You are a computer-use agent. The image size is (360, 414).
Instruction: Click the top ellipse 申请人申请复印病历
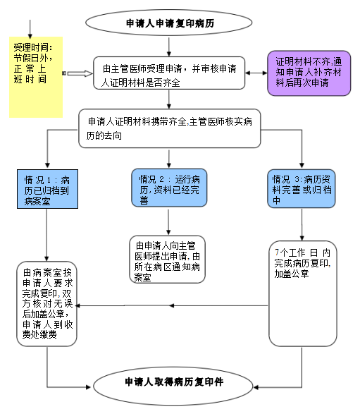point(169,23)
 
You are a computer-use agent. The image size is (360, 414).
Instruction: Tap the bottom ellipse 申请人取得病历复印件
point(173,386)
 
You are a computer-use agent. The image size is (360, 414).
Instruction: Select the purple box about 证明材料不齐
point(309,73)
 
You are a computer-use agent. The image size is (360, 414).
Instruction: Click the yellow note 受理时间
point(36,77)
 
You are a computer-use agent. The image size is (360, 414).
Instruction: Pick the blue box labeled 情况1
point(47,189)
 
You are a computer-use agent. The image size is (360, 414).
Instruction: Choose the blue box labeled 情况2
point(169,188)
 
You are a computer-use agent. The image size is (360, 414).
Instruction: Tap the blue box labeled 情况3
point(302,188)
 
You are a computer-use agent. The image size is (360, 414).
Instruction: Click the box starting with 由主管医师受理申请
point(169,73)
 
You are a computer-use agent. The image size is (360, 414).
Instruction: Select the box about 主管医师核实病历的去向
point(170,128)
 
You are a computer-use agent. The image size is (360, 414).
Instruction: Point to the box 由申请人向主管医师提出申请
point(167,260)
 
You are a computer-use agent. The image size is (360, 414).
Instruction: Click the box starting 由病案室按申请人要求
point(46,304)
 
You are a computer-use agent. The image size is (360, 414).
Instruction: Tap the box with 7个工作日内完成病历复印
point(303,293)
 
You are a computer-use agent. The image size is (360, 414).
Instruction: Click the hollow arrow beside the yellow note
point(77,73)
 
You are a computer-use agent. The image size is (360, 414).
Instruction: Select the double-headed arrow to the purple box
point(256,73)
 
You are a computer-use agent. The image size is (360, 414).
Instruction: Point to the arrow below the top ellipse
point(169,47)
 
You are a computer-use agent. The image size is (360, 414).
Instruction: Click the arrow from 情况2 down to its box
point(168,222)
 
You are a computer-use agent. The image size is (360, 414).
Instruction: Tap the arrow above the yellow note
point(30,29)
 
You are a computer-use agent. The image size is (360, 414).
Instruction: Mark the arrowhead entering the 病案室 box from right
point(78,305)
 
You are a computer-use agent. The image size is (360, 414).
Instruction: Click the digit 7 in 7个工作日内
point(277,252)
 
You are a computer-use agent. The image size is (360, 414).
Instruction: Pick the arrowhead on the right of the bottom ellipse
point(256,387)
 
